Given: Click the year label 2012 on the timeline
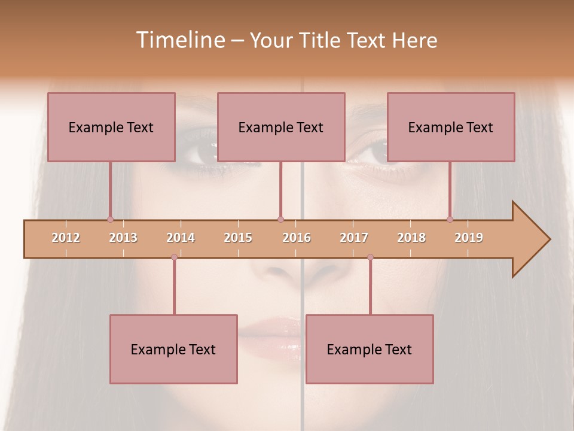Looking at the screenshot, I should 66,238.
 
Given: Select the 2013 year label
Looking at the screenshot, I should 123,238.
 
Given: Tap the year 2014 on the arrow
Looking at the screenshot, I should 181,238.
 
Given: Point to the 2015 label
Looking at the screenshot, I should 238,238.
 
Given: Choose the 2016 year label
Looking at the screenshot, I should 297,238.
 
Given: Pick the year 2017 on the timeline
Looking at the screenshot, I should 354,238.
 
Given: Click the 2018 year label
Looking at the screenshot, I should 411,238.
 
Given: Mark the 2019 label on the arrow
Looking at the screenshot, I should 469,238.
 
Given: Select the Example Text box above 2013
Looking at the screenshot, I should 111,127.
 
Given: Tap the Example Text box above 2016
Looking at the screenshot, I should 281,127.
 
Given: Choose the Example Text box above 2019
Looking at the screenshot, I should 451,127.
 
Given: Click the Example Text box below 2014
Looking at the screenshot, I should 173,349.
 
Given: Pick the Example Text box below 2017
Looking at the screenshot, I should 370,349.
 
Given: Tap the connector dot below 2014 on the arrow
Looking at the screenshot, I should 174,257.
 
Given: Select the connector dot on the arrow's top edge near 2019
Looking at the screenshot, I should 450,220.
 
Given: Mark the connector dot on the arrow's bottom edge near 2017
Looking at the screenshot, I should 370,257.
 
